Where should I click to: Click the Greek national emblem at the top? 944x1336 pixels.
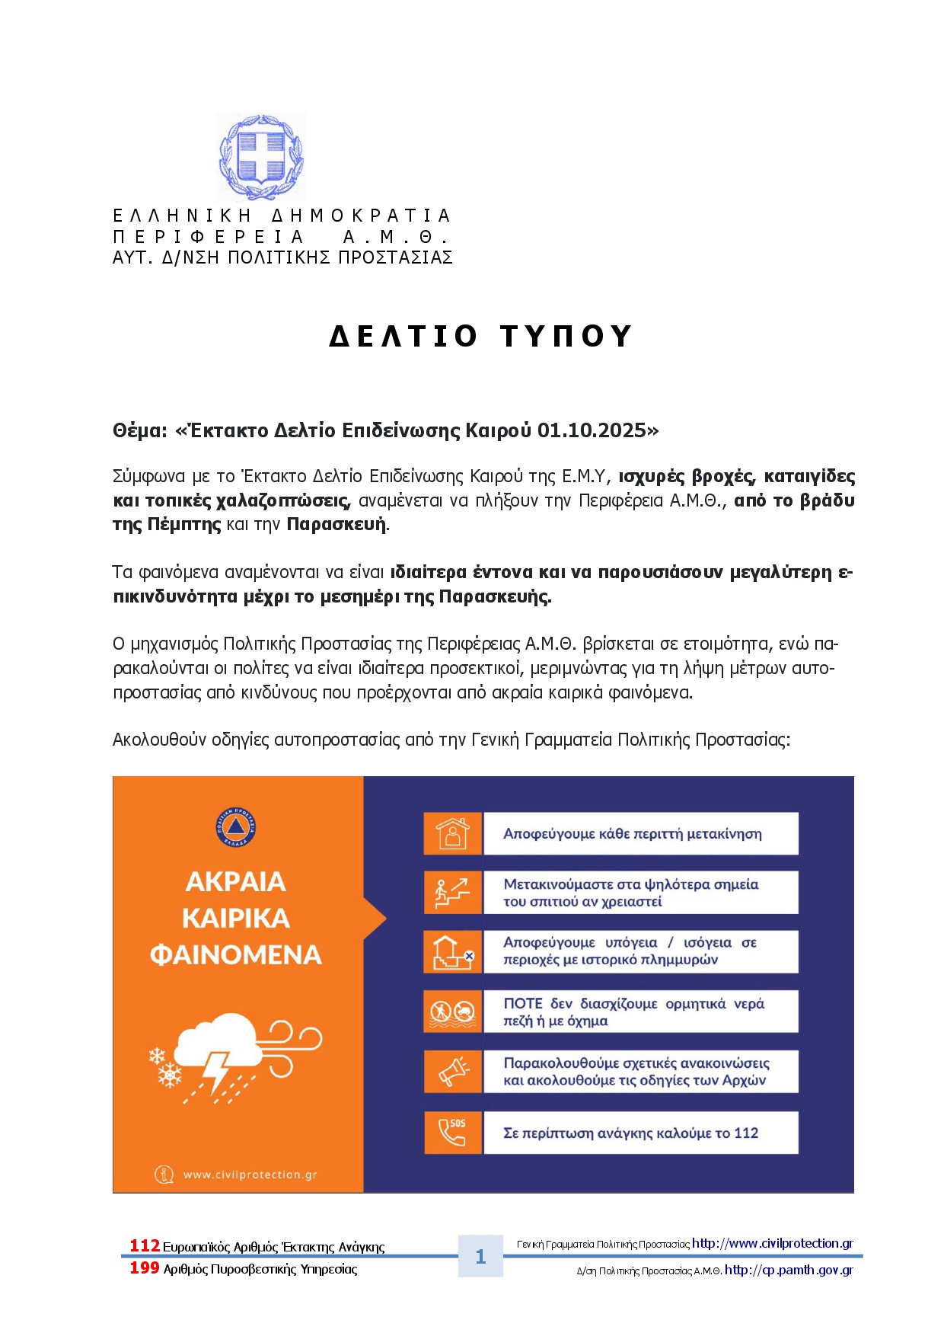click(260, 157)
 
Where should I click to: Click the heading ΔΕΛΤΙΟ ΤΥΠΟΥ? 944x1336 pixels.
click(480, 336)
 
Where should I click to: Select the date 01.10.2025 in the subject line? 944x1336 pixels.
click(592, 430)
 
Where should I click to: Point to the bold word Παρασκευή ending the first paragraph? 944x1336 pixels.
click(336, 525)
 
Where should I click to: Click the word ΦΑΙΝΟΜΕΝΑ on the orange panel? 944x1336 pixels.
click(236, 954)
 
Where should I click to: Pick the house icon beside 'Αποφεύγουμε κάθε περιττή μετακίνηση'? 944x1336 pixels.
click(453, 833)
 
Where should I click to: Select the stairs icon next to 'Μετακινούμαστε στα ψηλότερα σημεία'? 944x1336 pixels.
click(452, 892)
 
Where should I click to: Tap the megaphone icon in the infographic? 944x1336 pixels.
click(453, 1072)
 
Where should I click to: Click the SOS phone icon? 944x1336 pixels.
click(453, 1132)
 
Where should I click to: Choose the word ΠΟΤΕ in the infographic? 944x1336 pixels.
click(523, 1004)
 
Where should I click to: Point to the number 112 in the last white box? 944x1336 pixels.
click(746, 1133)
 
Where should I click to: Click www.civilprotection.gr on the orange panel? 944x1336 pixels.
click(250, 1175)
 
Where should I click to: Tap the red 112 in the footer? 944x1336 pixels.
click(145, 1245)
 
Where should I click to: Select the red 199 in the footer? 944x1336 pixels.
click(145, 1267)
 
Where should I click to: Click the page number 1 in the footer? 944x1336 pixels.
click(480, 1256)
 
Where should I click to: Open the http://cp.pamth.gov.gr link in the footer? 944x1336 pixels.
click(789, 1270)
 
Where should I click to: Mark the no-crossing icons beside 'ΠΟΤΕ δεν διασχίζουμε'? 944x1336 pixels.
click(453, 1012)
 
